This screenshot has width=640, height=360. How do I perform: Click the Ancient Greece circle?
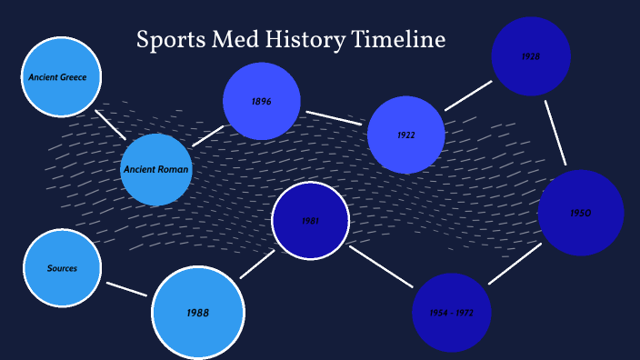coord(60,76)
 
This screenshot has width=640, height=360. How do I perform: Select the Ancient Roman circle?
coord(156,169)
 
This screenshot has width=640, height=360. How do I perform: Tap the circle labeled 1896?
coord(262,101)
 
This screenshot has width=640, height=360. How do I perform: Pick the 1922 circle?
coord(406,135)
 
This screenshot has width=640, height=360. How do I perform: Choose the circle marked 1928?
coord(531,56)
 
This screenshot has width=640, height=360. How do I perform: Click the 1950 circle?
coord(581,213)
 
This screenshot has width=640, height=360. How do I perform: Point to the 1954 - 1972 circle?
coord(452,313)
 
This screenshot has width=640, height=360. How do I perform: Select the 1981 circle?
coord(311,220)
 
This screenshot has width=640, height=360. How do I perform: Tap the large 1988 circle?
coord(198,313)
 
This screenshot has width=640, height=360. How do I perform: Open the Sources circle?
coord(62,268)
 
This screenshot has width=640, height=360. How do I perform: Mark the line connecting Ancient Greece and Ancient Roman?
coord(111,125)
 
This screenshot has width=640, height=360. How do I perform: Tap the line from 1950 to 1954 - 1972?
coord(515,265)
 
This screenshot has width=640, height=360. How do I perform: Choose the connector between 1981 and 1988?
coord(257,264)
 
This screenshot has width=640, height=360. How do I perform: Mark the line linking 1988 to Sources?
coord(125,289)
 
